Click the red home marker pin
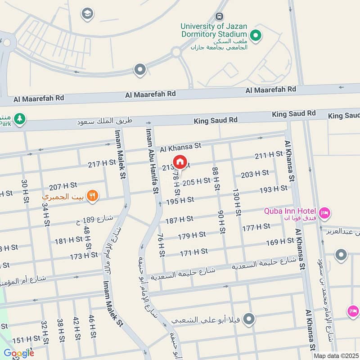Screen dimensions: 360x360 (x=180, y=162)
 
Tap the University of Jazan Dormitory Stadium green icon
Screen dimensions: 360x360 (x=256, y=35)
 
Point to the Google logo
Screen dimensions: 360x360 (x=18, y=353)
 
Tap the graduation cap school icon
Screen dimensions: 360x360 (x=87, y=14)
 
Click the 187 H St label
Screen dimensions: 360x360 (x=179, y=219)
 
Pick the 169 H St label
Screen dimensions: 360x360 (x=280, y=242)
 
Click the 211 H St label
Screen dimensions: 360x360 (x=269, y=156)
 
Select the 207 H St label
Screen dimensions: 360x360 (x=61, y=186)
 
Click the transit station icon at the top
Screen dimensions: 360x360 (x=219, y=17)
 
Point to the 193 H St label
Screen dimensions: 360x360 (x=273, y=189)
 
